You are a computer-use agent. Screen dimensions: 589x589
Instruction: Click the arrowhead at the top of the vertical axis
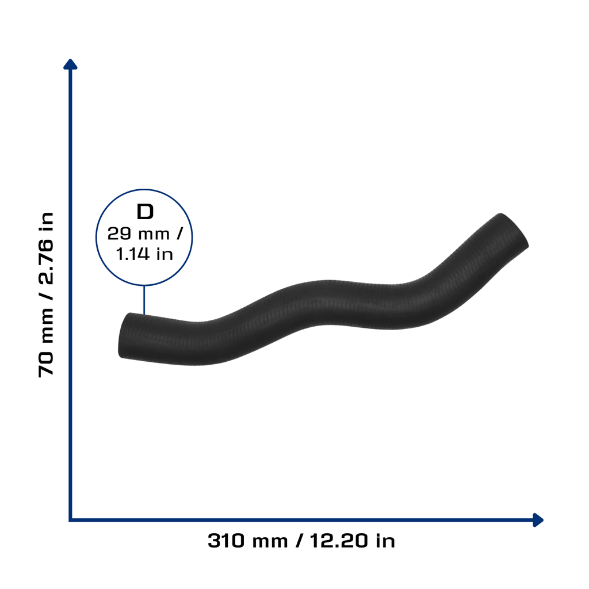[70, 64]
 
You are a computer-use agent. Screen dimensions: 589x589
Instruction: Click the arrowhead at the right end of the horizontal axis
[538, 520]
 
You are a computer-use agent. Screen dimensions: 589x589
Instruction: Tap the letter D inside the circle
[145, 212]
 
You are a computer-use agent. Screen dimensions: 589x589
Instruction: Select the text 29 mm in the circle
[138, 234]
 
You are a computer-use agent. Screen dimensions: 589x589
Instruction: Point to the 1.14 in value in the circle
[144, 254]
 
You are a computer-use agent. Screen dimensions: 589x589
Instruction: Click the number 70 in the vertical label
[46, 364]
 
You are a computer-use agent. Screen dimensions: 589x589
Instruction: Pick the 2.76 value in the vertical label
[46, 262]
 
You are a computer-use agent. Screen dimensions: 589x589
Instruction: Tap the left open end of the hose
[125, 335]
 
